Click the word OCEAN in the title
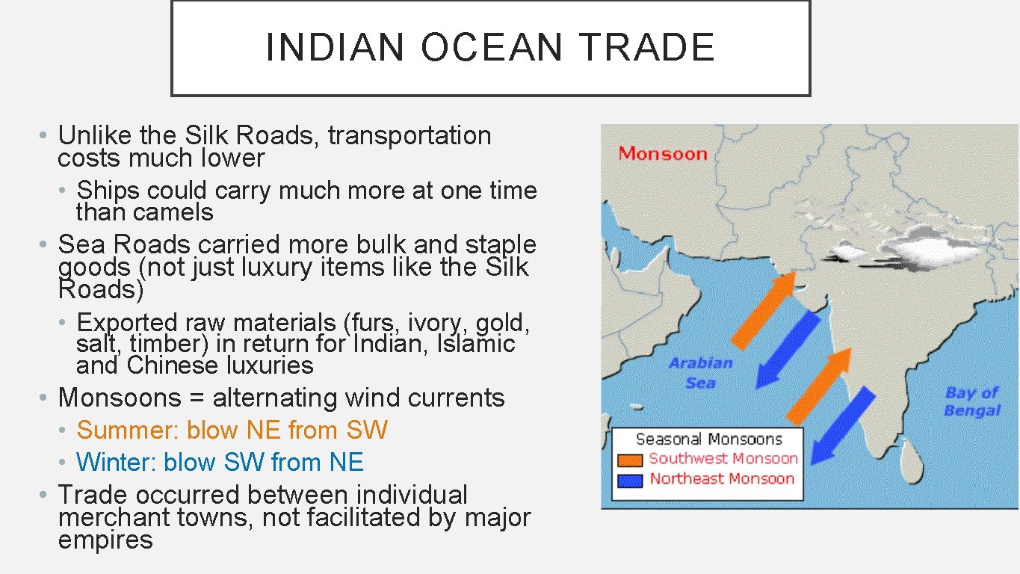[490, 47]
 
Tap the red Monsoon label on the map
[663, 154]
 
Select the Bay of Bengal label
[972, 401]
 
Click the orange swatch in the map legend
[630, 460]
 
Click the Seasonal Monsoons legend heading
[708, 439]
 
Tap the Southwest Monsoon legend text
[723, 459]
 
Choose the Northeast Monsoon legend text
[722, 479]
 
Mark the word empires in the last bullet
[105, 540]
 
